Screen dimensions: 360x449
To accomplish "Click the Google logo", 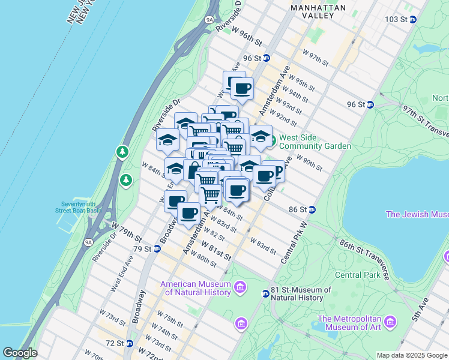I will click(20, 353).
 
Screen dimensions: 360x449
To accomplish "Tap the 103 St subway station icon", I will click(413, 19).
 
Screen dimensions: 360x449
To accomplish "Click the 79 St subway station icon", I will click(157, 248).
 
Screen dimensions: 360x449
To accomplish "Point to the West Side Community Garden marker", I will click(272, 141).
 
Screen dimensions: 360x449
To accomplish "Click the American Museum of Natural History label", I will click(195, 288).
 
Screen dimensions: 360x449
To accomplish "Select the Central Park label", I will click(357, 275).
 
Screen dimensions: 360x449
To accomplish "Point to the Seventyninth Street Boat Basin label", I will click(81, 207).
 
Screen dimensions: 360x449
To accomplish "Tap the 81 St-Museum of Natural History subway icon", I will click(265, 293).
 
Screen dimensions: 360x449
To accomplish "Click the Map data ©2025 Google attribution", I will click(411, 355).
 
